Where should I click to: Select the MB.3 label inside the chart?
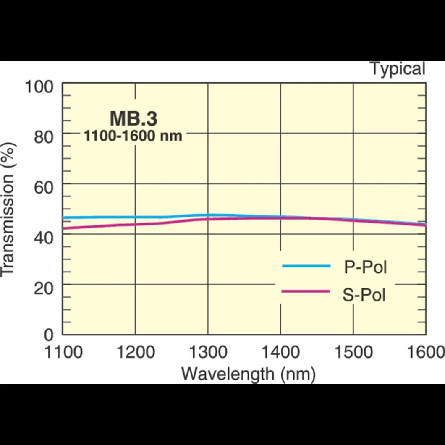click(x=133, y=119)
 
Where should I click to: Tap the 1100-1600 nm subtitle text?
click(x=133, y=136)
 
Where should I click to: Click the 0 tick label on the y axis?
click(x=50, y=336)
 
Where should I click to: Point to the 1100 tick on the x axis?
click(x=63, y=352)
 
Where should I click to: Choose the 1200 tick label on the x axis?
click(x=135, y=352)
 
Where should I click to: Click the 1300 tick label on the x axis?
click(x=208, y=352)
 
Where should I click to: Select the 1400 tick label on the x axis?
click(x=280, y=352)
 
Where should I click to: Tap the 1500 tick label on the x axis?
click(x=353, y=352)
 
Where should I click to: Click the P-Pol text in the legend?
click(x=365, y=267)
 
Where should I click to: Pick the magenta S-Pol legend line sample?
click(x=306, y=291)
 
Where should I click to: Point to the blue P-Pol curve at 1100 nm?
click(x=64, y=217)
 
